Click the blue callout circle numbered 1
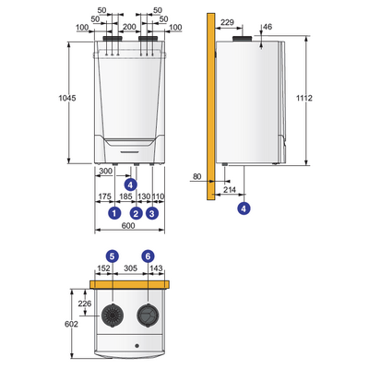point(114,213)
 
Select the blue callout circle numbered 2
point(137,213)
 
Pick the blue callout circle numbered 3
point(152,213)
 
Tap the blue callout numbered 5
point(112,255)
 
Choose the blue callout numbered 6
point(148,255)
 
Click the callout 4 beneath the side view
point(244,209)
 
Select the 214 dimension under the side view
point(229,189)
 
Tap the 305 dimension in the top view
point(131,268)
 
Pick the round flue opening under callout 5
point(112,317)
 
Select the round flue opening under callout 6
point(148,317)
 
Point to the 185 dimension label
point(126,196)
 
